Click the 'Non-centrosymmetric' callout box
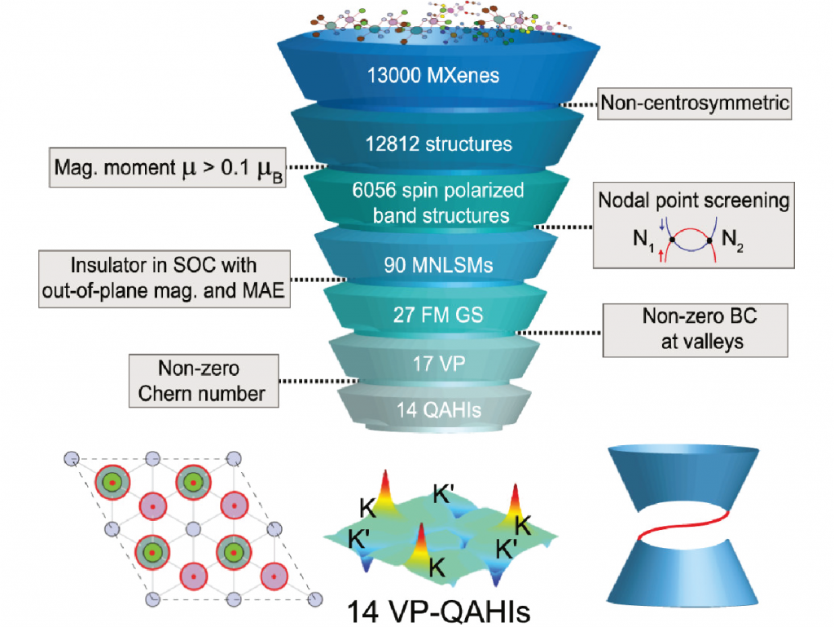(x=695, y=104)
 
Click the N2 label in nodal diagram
(x=731, y=242)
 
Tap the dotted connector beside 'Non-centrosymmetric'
(x=580, y=104)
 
